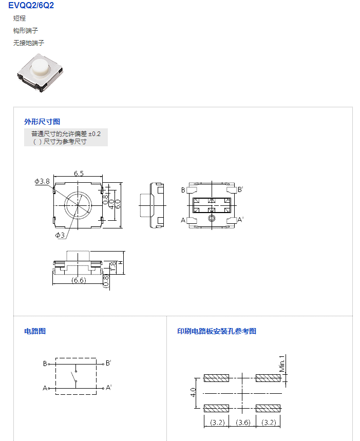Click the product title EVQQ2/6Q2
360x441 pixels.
31,5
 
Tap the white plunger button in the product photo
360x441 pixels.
41,67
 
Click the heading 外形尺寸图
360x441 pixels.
42,122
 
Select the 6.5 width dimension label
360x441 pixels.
79,173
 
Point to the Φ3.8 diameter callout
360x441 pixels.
42,181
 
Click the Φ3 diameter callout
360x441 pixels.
60,235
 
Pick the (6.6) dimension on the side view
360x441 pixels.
79,280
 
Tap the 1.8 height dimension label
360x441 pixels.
113,266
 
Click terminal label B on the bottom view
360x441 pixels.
183,190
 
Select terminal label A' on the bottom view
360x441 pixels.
240,220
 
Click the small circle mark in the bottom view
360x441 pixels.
212,218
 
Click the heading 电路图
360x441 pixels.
35,331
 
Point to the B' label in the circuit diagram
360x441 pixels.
108,363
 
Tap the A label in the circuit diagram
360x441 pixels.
45,388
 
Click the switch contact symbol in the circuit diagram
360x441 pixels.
75,376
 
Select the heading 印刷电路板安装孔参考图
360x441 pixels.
217,331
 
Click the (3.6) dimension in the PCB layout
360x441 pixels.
243,423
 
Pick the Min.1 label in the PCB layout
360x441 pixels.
282,363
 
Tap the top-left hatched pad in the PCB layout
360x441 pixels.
216,378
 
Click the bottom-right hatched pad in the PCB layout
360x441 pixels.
268,408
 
